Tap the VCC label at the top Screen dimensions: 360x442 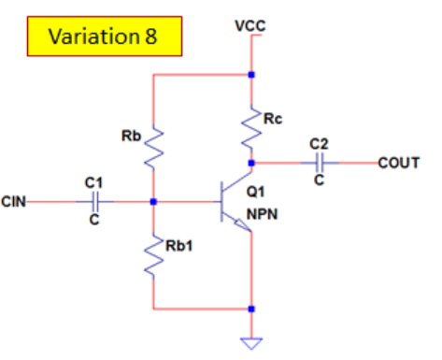click(x=250, y=25)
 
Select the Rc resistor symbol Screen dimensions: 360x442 click(x=251, y=126)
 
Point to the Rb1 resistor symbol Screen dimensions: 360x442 click(x=152, y=253)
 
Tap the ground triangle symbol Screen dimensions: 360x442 click(x=250, y=342)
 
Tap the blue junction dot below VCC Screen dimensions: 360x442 click(x=250, y=73)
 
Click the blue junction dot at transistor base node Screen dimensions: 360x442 click(x=152, y=200)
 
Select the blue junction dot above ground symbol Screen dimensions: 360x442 click(x=250, y=308)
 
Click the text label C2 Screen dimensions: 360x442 click(x=319, y=145)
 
